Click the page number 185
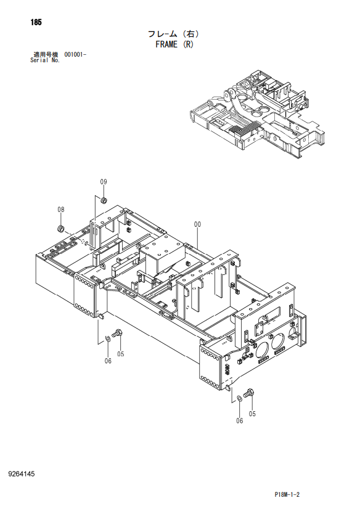pos(36,22)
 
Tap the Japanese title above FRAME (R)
pos(174,34)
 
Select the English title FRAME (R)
pos(174,44)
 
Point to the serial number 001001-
pos(75,54)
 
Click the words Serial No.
pos(45,60)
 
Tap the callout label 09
pos(104,182)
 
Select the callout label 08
pos(61,210)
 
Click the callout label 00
pos(197,224)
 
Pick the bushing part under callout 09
pos(104,200)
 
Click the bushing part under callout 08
pos(60,229)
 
